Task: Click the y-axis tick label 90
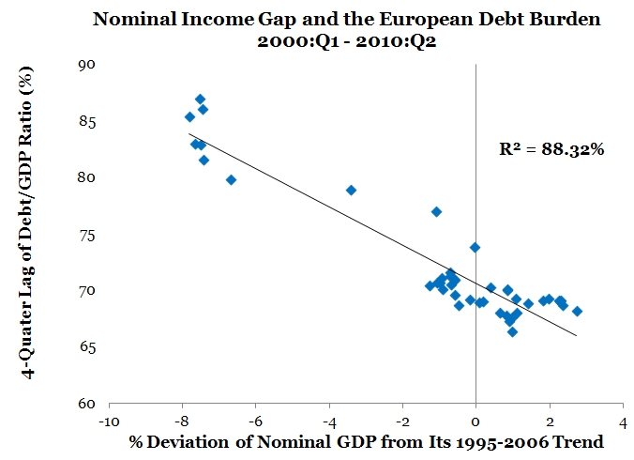coord(87,64)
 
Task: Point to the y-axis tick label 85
coord(87,121)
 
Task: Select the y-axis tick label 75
coord(87,234)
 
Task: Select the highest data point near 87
coord(200,99)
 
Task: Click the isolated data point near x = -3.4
coord(351,190)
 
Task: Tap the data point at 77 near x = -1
coord(436,211)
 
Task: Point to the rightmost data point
coord(577,311)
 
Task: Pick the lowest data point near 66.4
coord(512,331)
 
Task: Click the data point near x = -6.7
coord(231,179)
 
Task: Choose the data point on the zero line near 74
coord(475,247)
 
